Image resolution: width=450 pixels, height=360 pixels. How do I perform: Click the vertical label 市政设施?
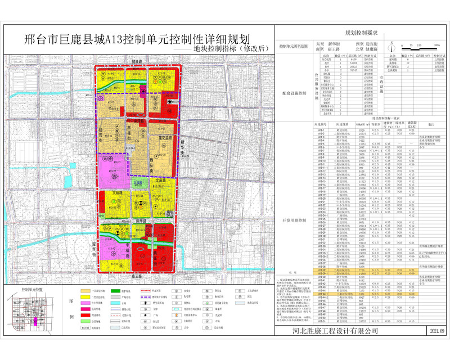380,85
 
